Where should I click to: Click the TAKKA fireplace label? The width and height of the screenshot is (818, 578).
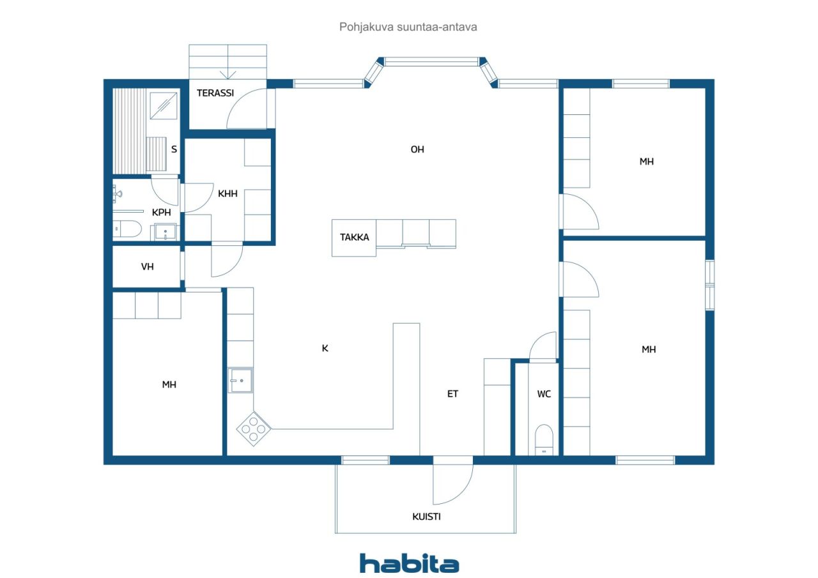[354, 238]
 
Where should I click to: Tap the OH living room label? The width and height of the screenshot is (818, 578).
[417, 149]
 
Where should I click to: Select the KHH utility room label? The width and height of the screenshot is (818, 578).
[228, 194]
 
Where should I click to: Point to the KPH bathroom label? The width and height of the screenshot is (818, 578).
[161, 213]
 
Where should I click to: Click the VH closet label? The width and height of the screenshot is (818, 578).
[147, 267]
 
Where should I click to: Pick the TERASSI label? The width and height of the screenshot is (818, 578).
[215, 93]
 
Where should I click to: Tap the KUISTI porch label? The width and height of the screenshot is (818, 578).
[426, 517]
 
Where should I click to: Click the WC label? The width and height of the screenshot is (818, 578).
[544, 394]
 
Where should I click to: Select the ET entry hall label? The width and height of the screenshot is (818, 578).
[452, 393]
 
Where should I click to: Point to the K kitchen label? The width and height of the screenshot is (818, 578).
[325, 349]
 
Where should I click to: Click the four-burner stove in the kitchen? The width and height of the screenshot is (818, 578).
[254, 429]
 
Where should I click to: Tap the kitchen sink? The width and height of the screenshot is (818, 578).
[240, 380]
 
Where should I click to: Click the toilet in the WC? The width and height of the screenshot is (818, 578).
[544, 439]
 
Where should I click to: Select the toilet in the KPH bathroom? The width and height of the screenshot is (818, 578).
[127, 229]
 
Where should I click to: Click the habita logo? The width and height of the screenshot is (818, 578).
[409, 563]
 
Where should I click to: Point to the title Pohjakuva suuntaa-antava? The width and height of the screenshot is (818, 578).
[408, 27]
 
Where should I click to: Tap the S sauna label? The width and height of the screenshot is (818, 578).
[174, 149]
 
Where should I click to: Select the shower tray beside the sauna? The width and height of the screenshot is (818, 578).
[164, 105]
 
